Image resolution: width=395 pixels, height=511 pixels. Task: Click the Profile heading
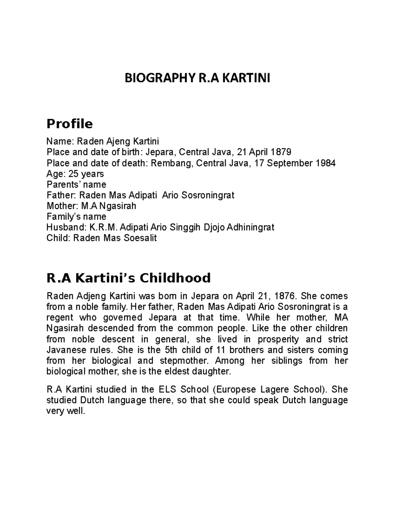69,124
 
